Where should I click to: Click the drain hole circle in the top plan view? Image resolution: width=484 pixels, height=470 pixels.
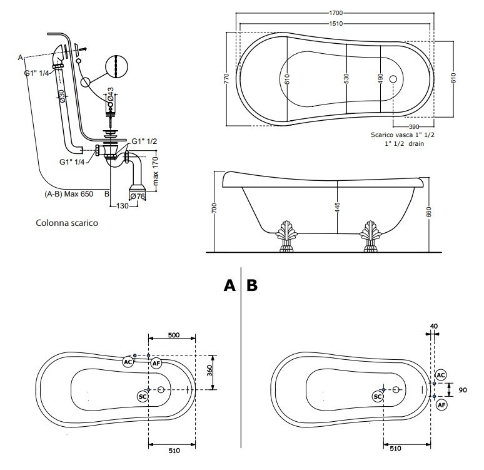(x=393, y=79)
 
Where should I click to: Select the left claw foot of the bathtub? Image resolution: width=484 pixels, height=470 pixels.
(x=288, y=235)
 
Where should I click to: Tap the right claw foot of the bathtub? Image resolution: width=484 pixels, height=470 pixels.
(x=368, y=235)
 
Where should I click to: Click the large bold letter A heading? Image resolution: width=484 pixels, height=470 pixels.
(x=230, y=285)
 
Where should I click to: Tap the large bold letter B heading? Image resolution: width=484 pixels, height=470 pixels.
(x=251, y=285)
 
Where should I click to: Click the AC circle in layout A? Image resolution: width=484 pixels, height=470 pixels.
(x=128, y=362)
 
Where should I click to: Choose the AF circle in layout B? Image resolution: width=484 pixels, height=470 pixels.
(x=441, y=405)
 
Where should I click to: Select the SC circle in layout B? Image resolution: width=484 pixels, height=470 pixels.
(x=378, y=396)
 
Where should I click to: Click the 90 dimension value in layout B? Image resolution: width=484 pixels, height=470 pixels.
(x=463, y=389)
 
